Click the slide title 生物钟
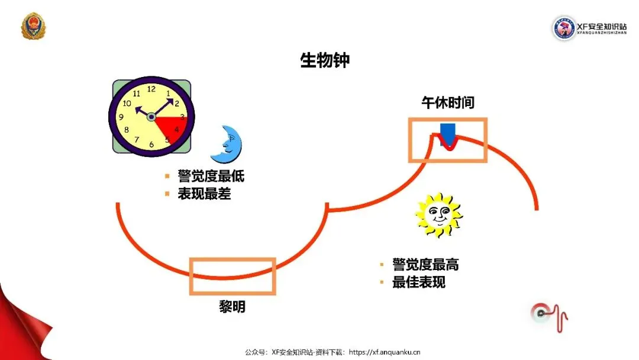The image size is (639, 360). (x=325, y=60)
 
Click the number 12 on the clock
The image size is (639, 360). (x=151, y=89)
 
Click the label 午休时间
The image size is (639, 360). (x=447, y=103)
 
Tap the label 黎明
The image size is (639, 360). (x=232, y=307)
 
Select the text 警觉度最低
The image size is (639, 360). (x=211, y=176)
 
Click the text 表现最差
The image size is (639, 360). (x=204, y=194)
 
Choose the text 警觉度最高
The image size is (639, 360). (x=425, y=265)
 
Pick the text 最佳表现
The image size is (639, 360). (x=419, y=282)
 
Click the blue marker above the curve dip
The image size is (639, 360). (x=448, y=134)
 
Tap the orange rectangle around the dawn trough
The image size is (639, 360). (x=233, y=276)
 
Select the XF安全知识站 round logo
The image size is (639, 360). (x=564, y=28)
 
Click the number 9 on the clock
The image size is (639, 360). (x=121, y=117)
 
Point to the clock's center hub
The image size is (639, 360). (x=151, y=117)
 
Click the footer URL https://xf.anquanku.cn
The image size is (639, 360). (x=385, y=352)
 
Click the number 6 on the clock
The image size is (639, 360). (x=151, y=144)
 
